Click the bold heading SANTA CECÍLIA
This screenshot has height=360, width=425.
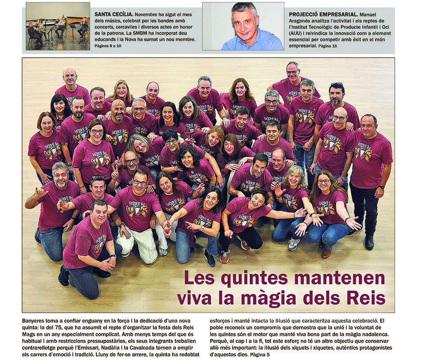coord(114,14)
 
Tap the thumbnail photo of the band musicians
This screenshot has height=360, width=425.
coord(58,26)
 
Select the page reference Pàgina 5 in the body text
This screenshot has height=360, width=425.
coord(261,355)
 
